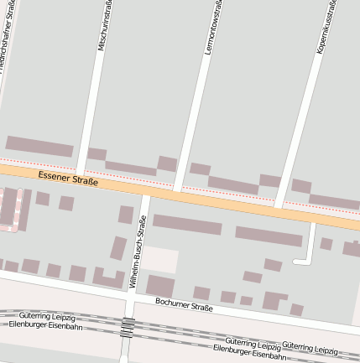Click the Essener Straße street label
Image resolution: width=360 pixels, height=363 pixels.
[68, 179]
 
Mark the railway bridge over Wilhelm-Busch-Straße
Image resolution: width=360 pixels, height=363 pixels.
[127, 327]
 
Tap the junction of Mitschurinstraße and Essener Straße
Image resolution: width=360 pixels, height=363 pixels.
[80, 176]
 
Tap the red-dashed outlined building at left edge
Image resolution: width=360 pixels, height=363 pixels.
[10, 210]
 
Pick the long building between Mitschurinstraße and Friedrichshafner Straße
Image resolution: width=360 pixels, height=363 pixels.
[39, 146]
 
